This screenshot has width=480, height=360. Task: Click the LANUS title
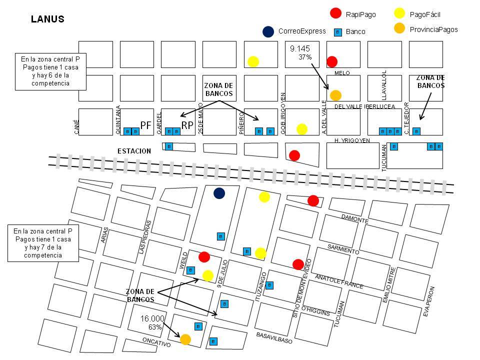[47, 19]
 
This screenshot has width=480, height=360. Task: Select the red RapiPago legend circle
[336, 13]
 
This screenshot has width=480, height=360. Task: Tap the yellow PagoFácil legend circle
[399, 13]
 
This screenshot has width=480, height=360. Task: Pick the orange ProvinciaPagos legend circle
[399, 29]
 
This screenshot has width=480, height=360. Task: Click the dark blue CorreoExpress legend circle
[268, 31]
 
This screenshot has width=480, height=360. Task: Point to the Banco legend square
[337, 31]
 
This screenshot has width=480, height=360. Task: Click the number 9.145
[300, 49]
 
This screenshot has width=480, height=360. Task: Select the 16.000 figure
[152, 318]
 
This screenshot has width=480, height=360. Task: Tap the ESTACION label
[134, 150]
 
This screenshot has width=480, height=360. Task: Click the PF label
[146, 126]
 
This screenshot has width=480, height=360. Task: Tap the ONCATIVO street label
[156, 344]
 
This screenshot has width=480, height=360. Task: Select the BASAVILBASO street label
[274, 338]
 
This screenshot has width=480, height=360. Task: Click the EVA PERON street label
[429, 301]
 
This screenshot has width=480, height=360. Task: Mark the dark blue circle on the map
[219, 193]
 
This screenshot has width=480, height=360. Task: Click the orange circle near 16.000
[185, 339]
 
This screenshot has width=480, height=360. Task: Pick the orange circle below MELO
[335, 95]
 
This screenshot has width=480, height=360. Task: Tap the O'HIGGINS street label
[315, 309]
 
